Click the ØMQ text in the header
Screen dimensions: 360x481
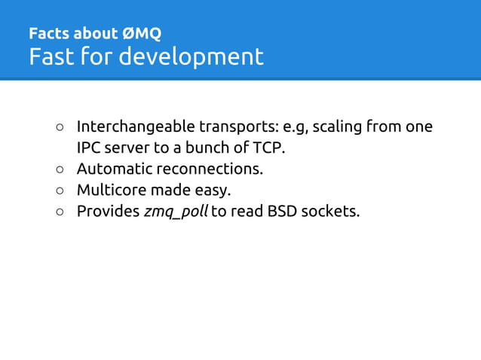(142, 34)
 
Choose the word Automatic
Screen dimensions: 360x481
(114, 168)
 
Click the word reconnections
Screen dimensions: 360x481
(209, 168)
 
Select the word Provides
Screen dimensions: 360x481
(108, 211)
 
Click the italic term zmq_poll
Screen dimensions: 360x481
(175, 211)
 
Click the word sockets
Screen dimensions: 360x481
(330, 211)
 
